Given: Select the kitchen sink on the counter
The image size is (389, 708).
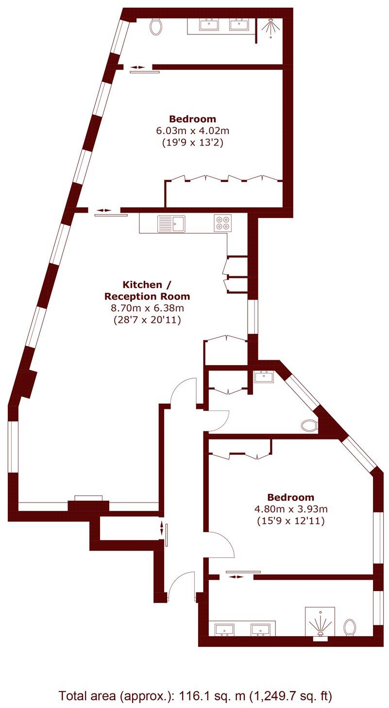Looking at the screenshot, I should click(x=171, y=224).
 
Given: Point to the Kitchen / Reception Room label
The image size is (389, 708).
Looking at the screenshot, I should click(x=147, y=290).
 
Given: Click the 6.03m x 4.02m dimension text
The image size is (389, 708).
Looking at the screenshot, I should click(x=192, y=131).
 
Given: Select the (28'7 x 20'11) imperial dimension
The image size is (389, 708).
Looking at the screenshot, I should click(x=147, y=320).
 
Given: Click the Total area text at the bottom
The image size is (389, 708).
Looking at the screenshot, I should click(x=195, y=696).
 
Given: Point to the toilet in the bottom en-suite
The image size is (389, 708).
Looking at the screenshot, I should click(x=349, y=627).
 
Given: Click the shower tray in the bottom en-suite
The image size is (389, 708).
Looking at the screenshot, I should click(x=320, y=622).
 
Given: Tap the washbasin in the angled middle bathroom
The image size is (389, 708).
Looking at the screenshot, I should click(x=265, y=376).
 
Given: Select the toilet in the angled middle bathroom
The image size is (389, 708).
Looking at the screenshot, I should click(x=309, y=426).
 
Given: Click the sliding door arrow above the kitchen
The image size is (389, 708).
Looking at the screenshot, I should click(x=103, y=210).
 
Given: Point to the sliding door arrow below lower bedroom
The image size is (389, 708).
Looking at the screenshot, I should click(x=237, y=576).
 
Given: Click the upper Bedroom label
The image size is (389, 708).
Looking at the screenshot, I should click(x=192, y=118).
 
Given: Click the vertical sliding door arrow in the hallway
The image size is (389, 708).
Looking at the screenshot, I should click(x=161, y=530).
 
